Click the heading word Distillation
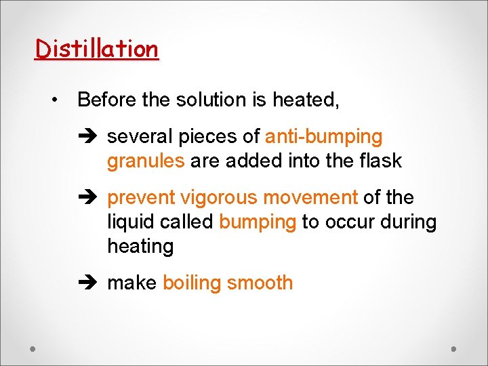(96, 49)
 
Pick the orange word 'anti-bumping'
(323, 137)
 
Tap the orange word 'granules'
(146, 161)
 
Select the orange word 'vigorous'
(219, 198)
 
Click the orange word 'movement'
(310, 198)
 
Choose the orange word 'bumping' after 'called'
(258, 222)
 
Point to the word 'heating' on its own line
(140, 247)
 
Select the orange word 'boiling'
(192, 283)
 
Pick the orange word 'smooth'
(260, 283)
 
